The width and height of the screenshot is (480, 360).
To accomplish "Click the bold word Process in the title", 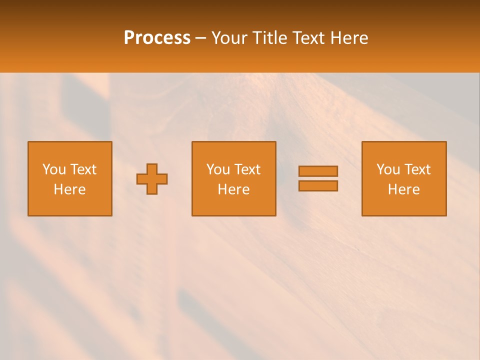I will [x=157, y=38].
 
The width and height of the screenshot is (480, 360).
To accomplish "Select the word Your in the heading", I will [x=229, y=38].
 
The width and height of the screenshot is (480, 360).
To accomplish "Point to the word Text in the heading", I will [x=307, y=38].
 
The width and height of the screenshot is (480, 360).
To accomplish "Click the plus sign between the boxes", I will [x=152, y=179].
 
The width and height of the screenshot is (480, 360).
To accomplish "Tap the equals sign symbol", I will [x=318, y=178].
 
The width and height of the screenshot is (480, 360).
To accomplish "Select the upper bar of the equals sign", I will [x=318, y=171].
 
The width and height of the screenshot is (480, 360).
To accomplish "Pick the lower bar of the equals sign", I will [x=318, y=185].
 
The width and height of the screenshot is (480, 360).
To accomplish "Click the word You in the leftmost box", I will [x=54, y=169].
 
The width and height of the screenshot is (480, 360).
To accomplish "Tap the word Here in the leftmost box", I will [x=69, y=189].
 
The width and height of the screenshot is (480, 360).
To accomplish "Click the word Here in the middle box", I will [x=233, y=189].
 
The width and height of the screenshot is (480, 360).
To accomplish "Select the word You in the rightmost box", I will [x=388, y=169].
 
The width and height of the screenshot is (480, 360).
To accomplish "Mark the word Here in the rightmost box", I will [x=403, y=189].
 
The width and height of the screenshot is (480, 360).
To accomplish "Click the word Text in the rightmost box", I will [x=417, y=169].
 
